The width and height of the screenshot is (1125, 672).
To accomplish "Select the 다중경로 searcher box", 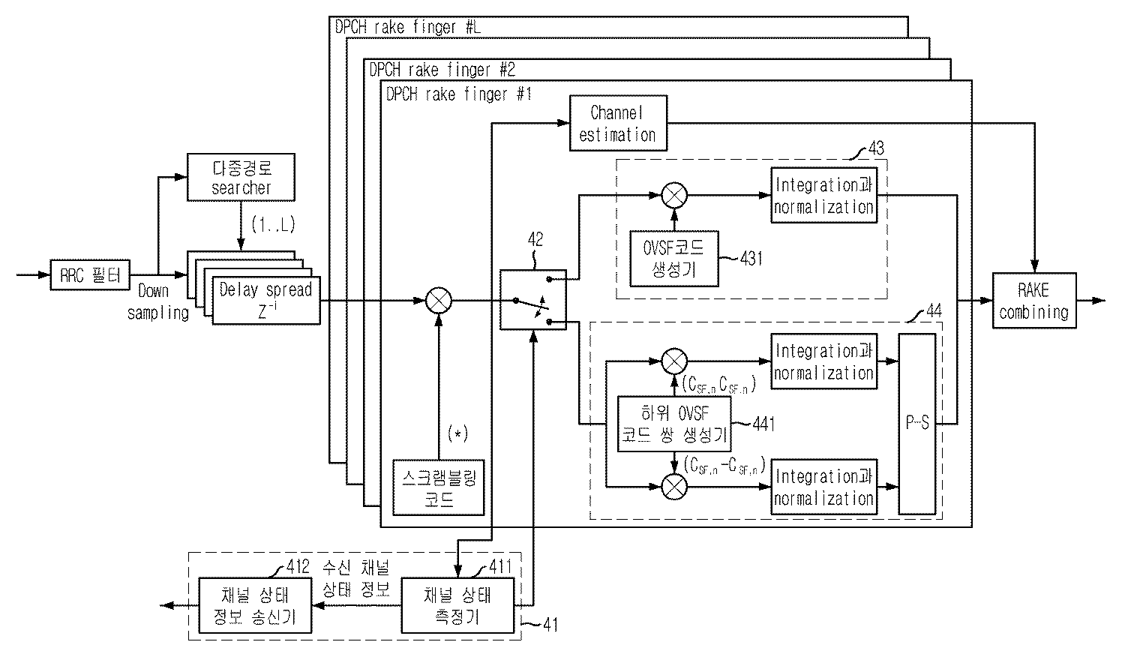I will pos(241,178).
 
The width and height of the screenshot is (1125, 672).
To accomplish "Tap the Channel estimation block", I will pos(618,124).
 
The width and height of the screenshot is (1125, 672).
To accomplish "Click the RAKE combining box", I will pos(1033,301).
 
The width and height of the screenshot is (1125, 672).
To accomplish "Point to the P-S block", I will pos(917,424).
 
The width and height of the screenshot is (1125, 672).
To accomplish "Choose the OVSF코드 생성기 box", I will pos(674,259).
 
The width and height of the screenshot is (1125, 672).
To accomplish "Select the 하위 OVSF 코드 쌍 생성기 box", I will pos(673,424).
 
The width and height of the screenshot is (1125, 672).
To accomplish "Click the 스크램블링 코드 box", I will pos(439,486).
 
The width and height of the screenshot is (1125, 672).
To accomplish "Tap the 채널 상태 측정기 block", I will pos(457,605).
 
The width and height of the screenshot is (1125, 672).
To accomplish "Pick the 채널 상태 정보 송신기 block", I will pos(254,605).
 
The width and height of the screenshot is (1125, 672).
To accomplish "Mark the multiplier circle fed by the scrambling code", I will pos(438,301).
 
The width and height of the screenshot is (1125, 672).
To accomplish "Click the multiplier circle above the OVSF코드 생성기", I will pos(674,196).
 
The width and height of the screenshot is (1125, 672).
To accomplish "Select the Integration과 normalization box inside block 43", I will pos(823,196).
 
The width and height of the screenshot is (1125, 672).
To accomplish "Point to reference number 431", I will pos(751,259).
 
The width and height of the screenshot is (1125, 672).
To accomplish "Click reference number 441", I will pos(763,424).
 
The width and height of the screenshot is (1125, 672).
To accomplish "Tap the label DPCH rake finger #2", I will pos(442,70).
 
